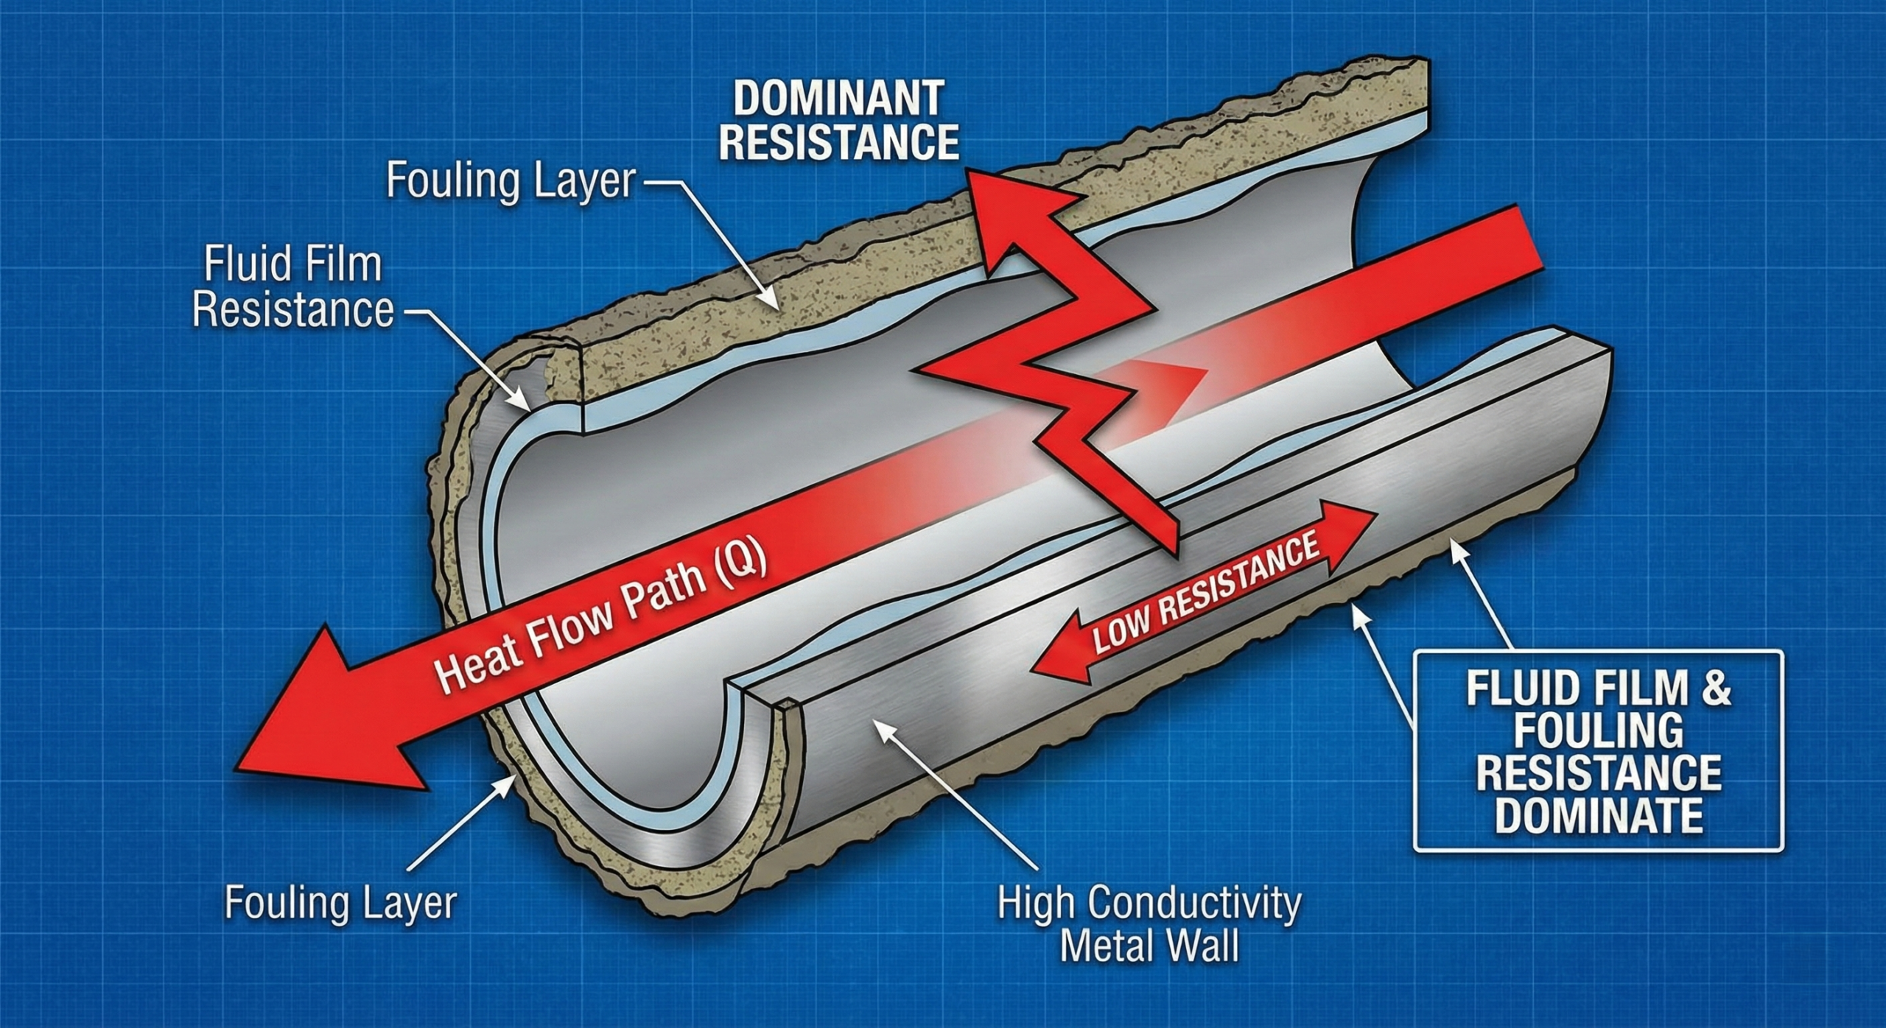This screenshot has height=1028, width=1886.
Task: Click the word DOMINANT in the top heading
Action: point(838,99)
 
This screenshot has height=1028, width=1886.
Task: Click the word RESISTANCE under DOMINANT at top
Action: point(838,144)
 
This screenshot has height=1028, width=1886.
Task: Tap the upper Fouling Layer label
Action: point(510,181)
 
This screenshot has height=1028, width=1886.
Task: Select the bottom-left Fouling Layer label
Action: point(340,903)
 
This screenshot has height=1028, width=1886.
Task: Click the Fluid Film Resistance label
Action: point(293,288)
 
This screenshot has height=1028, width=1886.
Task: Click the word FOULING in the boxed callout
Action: point(1599,731)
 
